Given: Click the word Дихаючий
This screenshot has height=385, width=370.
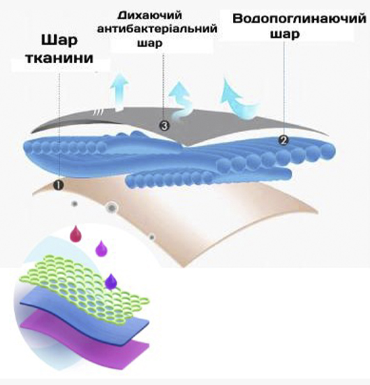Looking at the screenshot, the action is (150, 15).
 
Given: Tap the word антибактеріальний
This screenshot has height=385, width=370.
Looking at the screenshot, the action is (158, 29).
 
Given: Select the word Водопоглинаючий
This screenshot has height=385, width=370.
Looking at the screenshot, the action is (299, 19).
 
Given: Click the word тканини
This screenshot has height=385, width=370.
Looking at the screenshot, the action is (59, 58).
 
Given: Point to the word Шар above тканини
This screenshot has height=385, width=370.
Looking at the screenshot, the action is (59, 40).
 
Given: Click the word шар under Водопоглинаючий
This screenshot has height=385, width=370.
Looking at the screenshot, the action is (285, 33).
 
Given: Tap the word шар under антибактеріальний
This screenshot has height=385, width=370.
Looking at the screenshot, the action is (150, 43).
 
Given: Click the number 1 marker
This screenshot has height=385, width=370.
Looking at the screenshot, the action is (59, 185).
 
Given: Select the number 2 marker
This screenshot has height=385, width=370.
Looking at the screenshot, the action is (284, 140).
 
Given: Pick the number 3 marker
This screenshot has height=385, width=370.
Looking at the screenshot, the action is (164, 126).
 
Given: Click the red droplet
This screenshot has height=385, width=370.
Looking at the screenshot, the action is (76, 233).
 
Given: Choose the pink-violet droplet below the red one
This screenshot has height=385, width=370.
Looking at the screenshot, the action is (101, 248).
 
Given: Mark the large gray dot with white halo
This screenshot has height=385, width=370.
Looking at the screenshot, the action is (112, 208).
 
